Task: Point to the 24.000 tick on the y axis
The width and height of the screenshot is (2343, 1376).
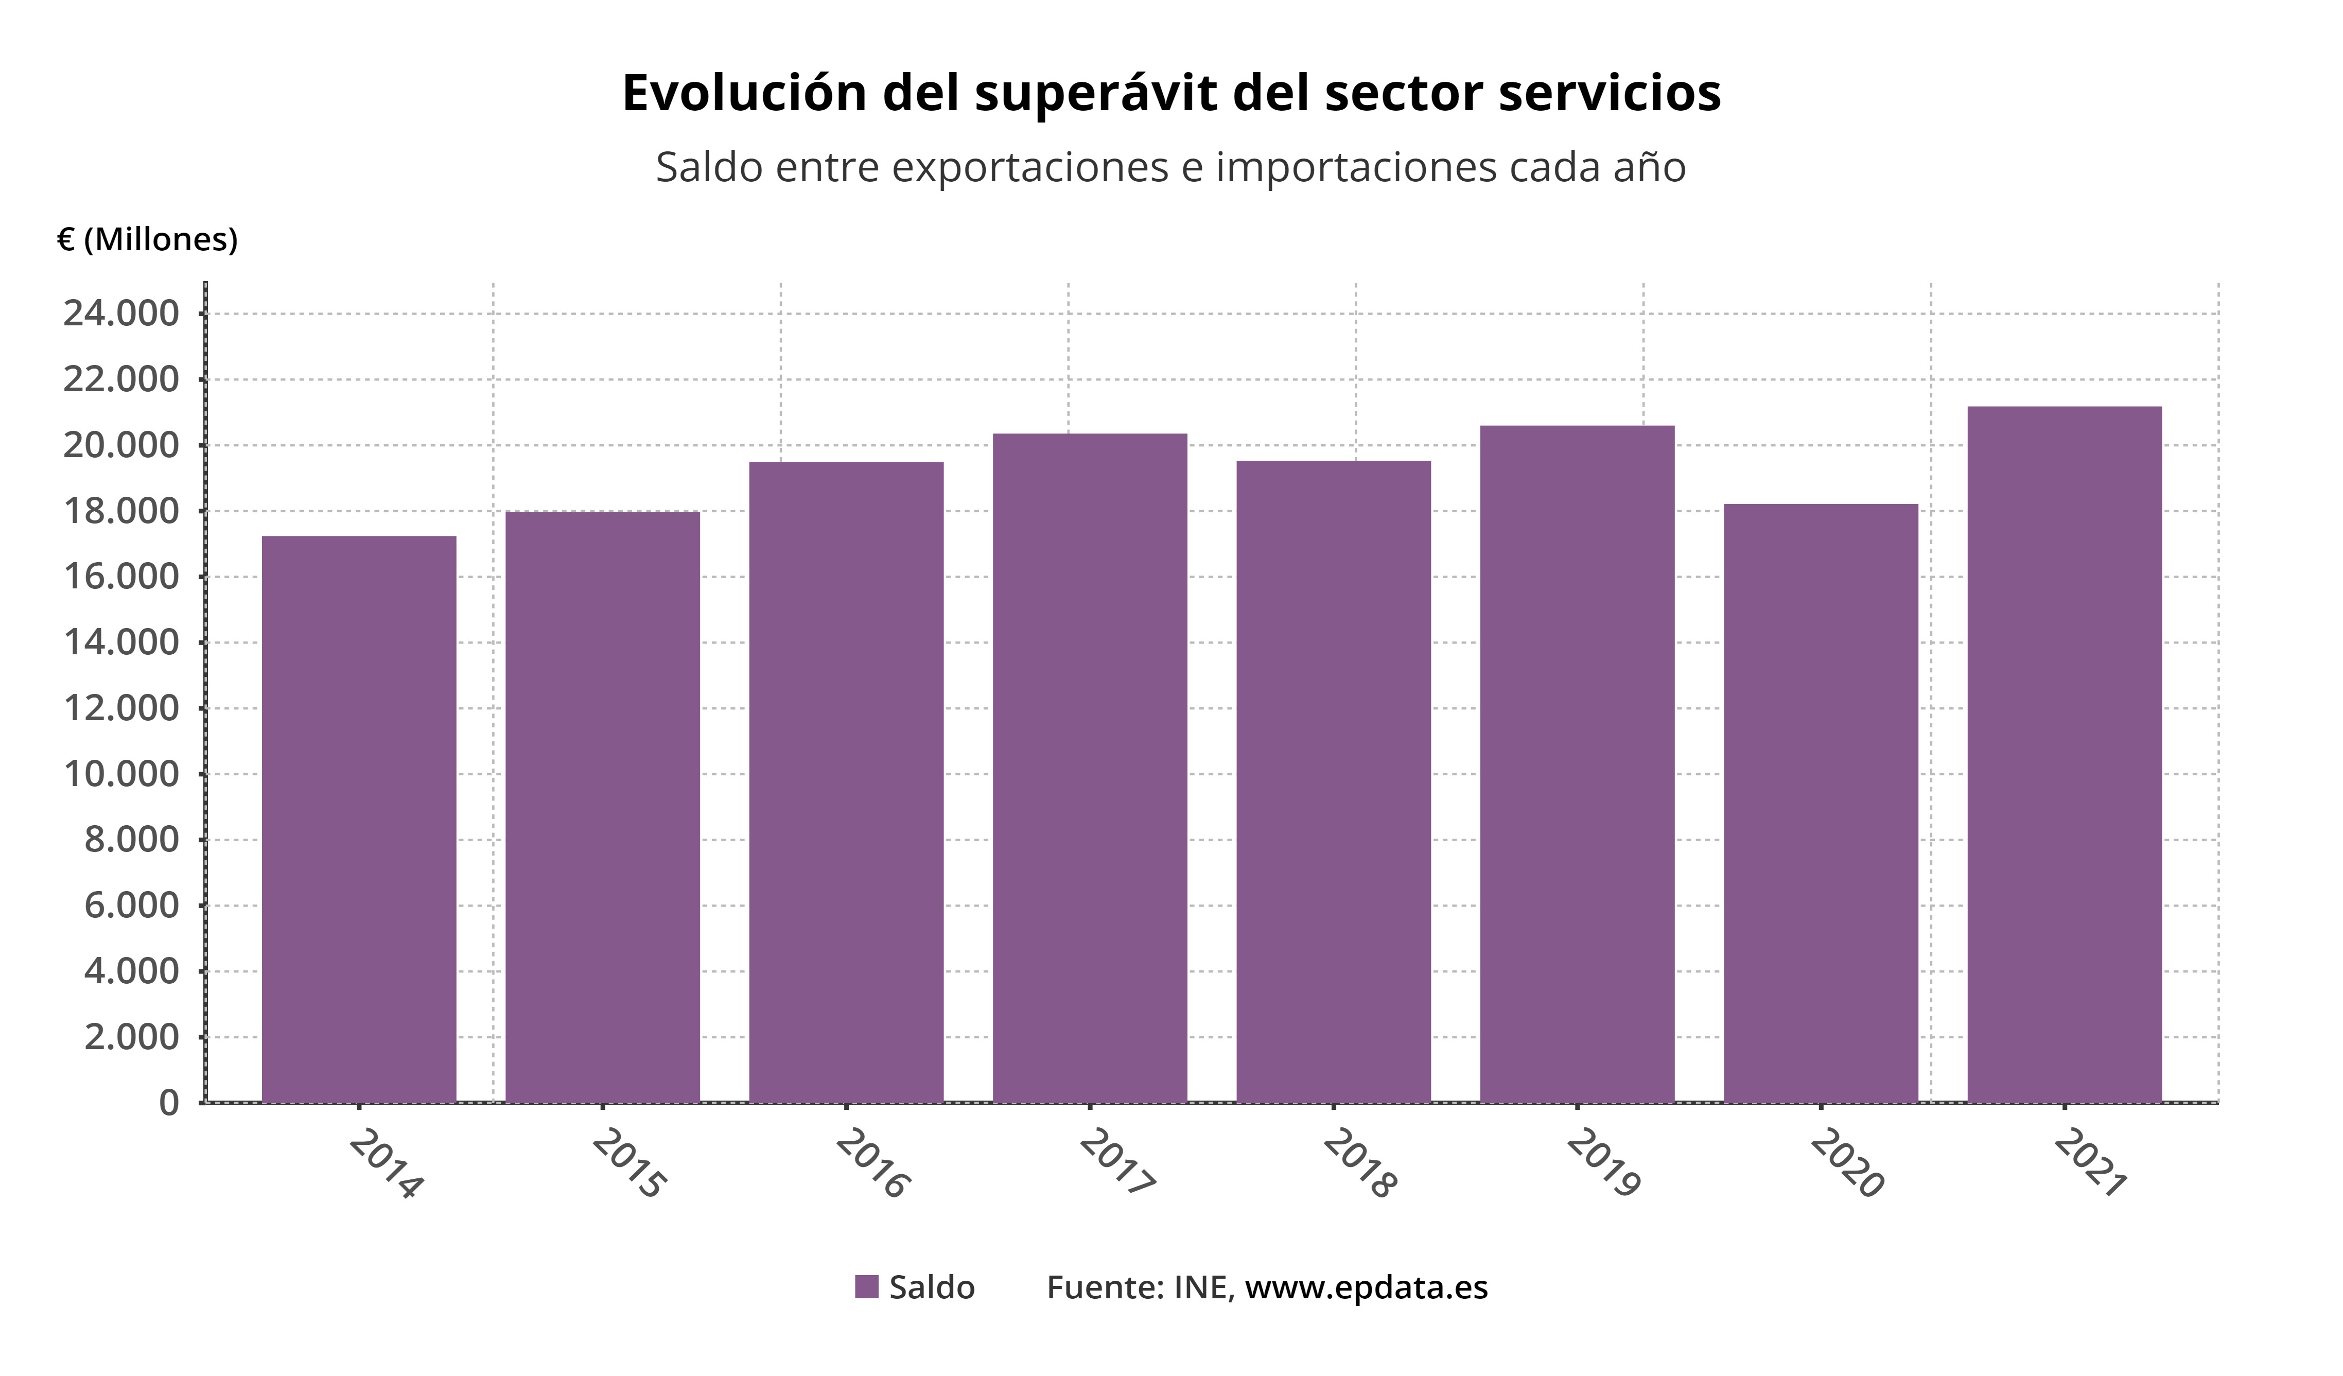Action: (x=121, y=314)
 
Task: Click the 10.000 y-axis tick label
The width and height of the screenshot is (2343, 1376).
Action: (x=121, y=774)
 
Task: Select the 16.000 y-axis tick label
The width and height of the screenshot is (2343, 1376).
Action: (x=121, y=577)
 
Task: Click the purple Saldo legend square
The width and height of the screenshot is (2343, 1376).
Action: (x=867, y=1287)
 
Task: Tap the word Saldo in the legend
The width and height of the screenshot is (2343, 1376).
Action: (x=932, y=1287)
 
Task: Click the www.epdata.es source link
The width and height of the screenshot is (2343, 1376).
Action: (x=1366, y=1287)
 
